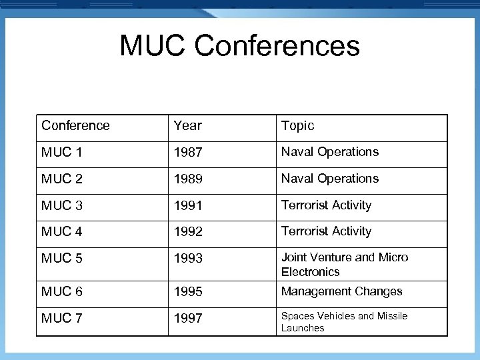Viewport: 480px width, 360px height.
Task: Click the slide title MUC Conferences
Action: click(x=239, y=47)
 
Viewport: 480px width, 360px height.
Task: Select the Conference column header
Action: click(x=75, y=125)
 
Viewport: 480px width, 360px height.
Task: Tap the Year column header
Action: click(x=187, y=125)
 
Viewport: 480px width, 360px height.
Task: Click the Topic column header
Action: click(x=297, y=125)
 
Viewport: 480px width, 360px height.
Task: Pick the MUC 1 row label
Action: click(x=62, y=152)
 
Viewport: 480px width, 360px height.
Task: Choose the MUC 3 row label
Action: click(x=62, y=205)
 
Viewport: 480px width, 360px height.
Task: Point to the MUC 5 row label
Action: click(x=62, y=258)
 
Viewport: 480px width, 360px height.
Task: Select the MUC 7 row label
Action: click(x=62, y=318)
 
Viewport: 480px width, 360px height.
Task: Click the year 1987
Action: click(x=188, y=152)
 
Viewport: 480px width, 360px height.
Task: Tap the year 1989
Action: click(x=188, y=179)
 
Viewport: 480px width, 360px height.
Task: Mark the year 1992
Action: click(x=188, y=231)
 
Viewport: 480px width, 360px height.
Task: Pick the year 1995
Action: click(x=188, y=291)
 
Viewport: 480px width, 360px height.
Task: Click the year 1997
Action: click(x=188, y=318)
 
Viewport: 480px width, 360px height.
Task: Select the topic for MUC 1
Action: click(x=329, y=152)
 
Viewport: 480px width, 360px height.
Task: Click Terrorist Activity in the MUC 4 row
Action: click(x=326, y=231)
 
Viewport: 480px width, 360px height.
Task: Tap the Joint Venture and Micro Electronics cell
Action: click(x=344, y=265)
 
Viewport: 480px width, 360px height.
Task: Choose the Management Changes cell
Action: click(x=341, y=291)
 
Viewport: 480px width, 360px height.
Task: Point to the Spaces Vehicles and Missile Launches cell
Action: click(x=343, y=322)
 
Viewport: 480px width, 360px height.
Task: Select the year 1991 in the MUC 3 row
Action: click(x=188, y=205)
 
